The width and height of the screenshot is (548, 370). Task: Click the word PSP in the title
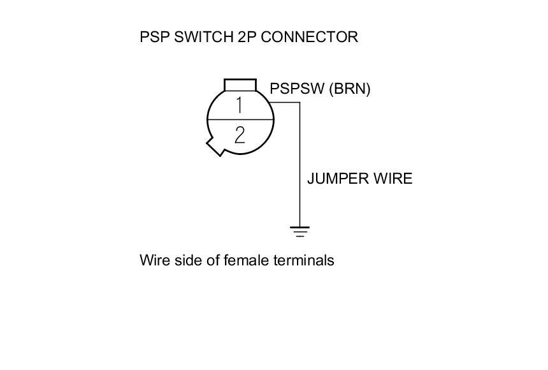coord(154,37)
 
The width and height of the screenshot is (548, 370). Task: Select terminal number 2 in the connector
coord(240,135)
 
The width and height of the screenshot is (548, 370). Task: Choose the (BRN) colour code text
coord(349,89)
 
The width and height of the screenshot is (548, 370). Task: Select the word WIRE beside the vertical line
coord(393,179)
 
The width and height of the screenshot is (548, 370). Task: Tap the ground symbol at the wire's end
coord(299,231)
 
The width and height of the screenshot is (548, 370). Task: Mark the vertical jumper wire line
coord(299,166)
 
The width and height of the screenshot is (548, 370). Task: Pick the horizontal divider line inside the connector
coord(240,119)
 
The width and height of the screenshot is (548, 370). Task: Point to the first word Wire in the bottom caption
coord(153,260)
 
